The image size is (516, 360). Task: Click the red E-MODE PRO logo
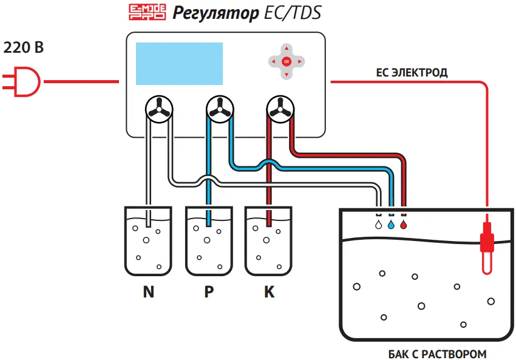(x=147, y=12)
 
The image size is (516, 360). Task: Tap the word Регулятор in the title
(x=216, y=14)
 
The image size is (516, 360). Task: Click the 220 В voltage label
(x=23, y=47)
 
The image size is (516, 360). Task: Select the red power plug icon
(x=21, y=81)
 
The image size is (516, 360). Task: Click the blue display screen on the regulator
(x=179, y=64)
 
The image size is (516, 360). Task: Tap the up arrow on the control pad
(x=287, y=49)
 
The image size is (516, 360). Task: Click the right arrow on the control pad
(x=300, y=61)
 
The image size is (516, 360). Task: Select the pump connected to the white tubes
(x=159, y=109)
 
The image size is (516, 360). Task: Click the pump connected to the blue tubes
(x=220, y=109)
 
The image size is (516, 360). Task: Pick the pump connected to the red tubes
(x=280, y=109)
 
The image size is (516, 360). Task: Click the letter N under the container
(x=148, y=291)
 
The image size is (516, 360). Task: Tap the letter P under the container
(x=209, y=291)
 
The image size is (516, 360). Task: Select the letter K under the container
(x=269, y=291)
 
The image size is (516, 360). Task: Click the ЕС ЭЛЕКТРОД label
(x=412, y=73)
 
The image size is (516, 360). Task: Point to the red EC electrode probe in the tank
(x=487, y=247)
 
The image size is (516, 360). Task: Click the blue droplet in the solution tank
(x=391, y=225)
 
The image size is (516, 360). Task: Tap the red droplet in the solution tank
(x=404, y=225)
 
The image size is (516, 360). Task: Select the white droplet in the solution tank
(x=379, y=225)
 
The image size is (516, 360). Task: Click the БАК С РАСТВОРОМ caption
(x=437, y=354)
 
